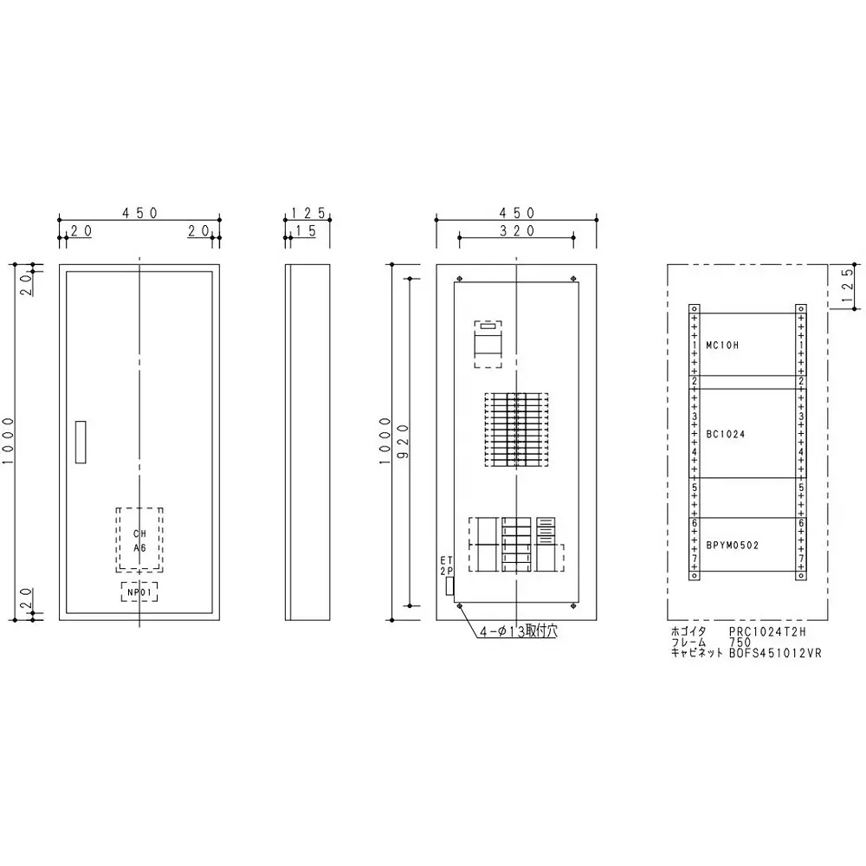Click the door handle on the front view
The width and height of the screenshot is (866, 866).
pyautogui.click(x=81, y=443)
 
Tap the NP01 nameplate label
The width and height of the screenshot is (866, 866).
pyautogui.click(x=139, y=591)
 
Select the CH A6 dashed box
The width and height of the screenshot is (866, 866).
pyautogui.click(x=139, y=540)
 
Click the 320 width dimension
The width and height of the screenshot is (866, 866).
pyautogui.click(x=517, y=230)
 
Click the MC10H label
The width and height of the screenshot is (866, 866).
pyautogui.click(x=723, y=345)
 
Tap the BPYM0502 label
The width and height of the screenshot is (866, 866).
pyautogui.click(x=734, y=545)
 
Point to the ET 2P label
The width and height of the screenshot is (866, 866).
pyautogui.click(x=447, y=566)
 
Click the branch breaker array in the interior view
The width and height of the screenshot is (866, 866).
pyautogui.click(x=517, y=430)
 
